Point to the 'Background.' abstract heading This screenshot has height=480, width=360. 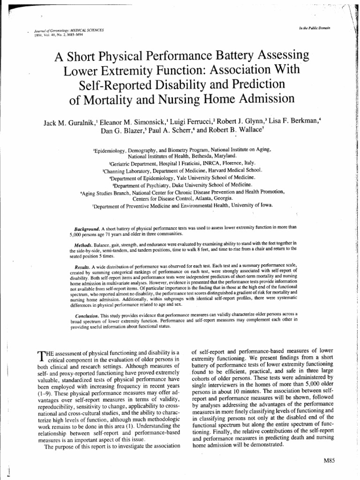coord(87,227)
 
